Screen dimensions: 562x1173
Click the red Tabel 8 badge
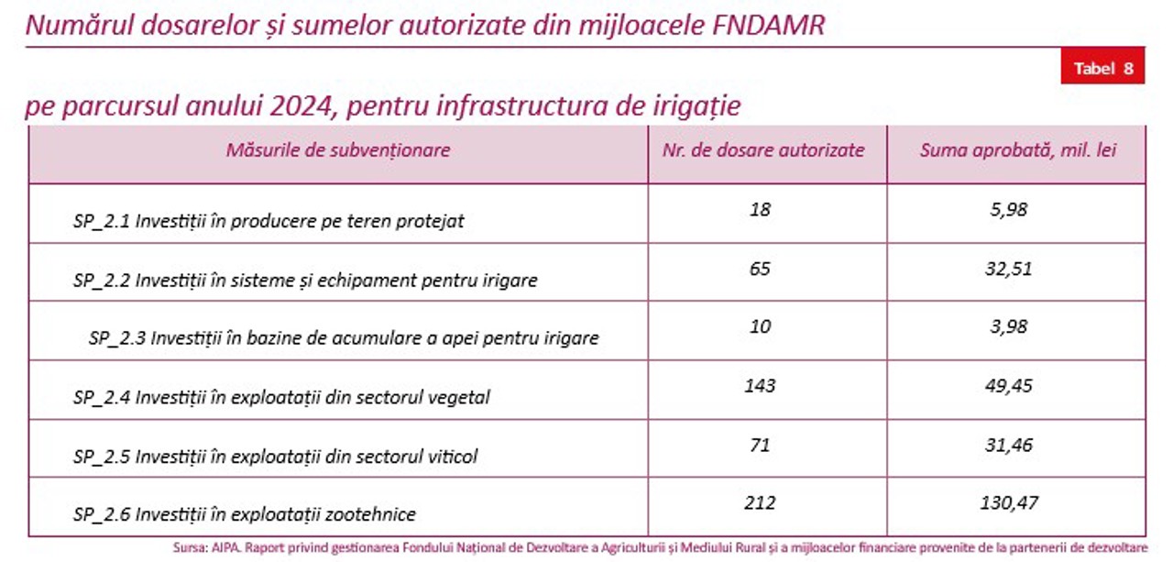click(x=1102, y=68)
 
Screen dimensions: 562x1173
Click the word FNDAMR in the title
click(x=768, y=25)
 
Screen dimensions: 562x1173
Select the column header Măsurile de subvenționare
click(x=338, y=150)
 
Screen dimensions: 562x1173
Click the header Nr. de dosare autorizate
click(x=763, y=150)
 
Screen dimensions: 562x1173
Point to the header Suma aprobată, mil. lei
click(x=1018, y=150)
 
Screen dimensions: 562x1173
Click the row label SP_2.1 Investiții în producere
click(x=269, y=221)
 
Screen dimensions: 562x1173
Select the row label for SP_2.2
click(x=305, y=281)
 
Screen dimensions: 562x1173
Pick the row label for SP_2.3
click(x=344, y=338)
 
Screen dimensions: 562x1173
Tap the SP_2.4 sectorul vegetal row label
click(x=281, y=397)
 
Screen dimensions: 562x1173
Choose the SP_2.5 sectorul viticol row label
click(x=275, y=456)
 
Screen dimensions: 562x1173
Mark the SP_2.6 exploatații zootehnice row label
click(x=245, y=515)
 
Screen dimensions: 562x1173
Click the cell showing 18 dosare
click(x=760, y=209)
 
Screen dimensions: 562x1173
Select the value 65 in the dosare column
click(x=760, y=269)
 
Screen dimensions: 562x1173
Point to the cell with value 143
click(x=760, y=386)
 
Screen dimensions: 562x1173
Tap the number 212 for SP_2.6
click(x=760, y=502)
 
